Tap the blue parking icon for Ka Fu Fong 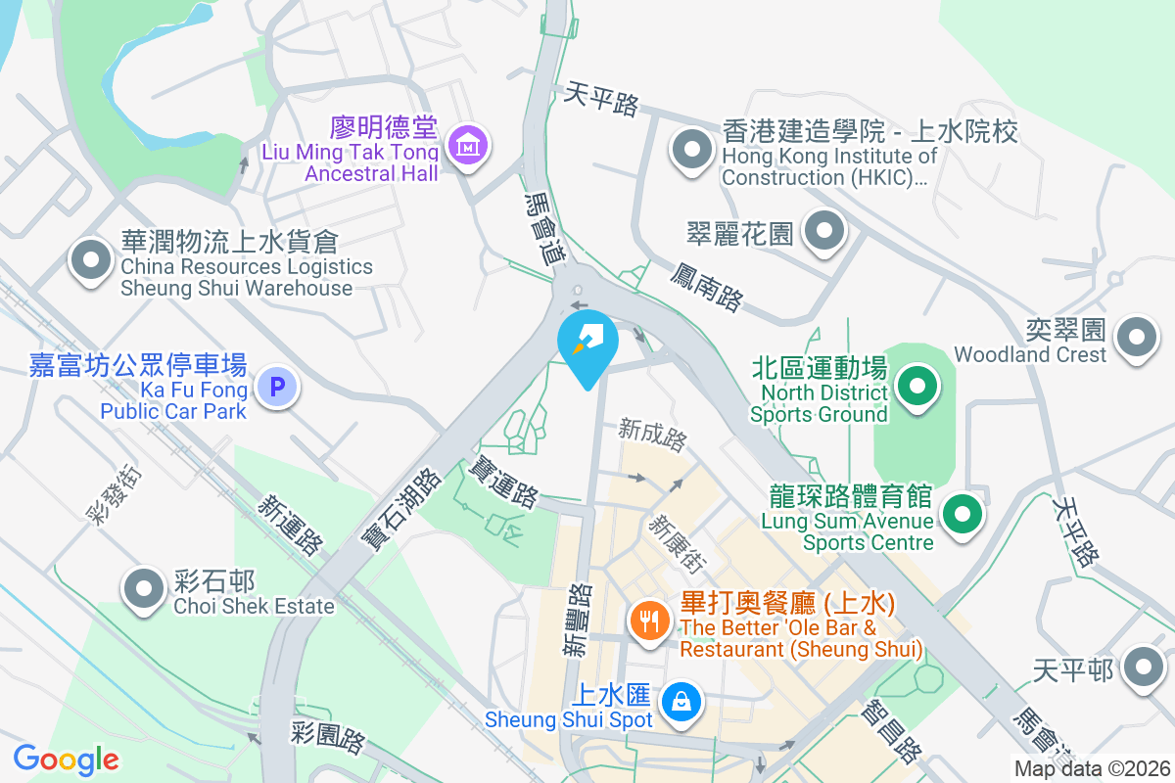[277, 388]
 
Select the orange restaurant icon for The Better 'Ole [648, 620]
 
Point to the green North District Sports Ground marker [917, 385]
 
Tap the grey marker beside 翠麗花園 [823, 232]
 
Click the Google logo [67, 759]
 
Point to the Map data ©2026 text [1091, 768]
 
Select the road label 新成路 [652, 435]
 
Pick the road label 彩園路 [328, 737]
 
